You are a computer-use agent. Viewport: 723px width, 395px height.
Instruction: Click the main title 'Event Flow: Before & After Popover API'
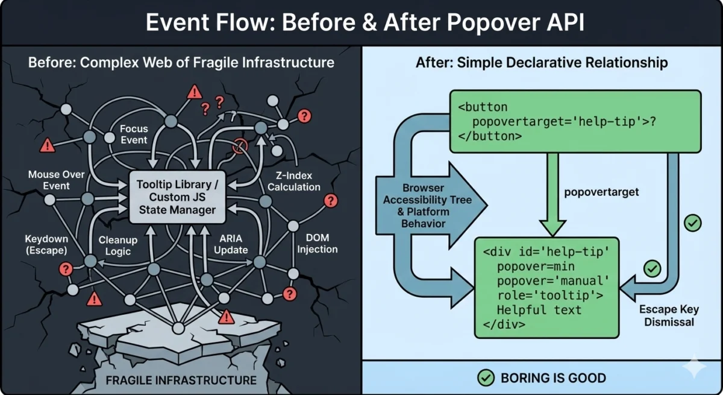(361, 22)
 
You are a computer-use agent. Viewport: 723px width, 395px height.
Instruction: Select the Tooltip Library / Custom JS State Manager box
(174, 195)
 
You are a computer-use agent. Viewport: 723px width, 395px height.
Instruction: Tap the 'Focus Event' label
(134, 134)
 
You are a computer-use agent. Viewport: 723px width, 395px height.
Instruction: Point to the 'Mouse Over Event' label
(57, 180)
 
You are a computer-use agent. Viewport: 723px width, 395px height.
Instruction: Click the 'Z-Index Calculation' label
(294, 181)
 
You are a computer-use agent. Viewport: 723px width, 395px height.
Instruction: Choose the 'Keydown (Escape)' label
(46, 244)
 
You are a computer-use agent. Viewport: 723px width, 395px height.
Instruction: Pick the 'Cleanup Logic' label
(118, 245)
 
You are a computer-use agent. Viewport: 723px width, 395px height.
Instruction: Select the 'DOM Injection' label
(318, 244)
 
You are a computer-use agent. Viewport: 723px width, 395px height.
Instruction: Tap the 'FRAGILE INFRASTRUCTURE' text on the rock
(181, 380)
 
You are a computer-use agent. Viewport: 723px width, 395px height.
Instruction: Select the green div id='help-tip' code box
(546, 287)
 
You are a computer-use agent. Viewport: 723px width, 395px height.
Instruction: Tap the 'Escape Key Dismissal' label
(669, 315)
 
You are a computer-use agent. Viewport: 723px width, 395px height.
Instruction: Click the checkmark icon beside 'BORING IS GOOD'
(485, 378)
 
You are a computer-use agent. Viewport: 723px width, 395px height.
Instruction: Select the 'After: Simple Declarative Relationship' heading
(542, 63)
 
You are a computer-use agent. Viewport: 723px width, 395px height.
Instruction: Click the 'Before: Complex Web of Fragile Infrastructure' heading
(181, 63)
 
